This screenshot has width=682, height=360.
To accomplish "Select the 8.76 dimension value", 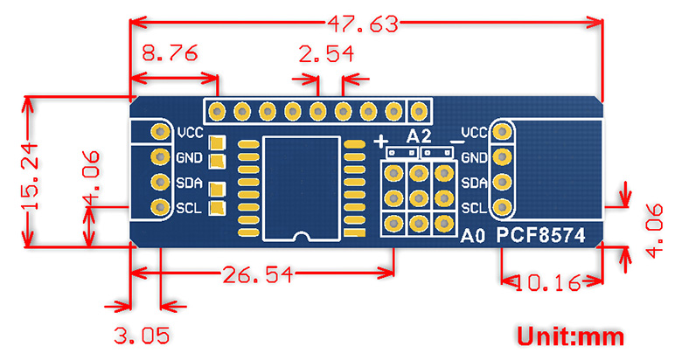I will (x=166, y=55).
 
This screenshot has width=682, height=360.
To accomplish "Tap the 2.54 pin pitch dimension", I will (x=326, y=55).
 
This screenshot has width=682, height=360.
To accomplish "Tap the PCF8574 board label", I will (x=541, y=235).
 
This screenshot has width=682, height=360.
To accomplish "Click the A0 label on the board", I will (x=472, y=236).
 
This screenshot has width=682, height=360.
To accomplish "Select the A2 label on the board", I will (x=419, y=135).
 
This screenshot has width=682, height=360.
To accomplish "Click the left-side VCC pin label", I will (x=190, y=134).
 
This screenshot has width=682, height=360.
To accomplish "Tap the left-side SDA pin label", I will (x=190, y=183).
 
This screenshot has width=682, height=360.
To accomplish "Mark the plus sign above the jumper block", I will (x=381, y=141).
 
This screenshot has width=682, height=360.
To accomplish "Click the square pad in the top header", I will (x=420, y=111).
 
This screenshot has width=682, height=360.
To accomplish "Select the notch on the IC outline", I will (x=302, y=236).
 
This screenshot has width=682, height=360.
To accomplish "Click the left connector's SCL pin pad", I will (x=160, y=208).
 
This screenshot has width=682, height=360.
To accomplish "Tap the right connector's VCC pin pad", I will (x=502, y=133).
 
